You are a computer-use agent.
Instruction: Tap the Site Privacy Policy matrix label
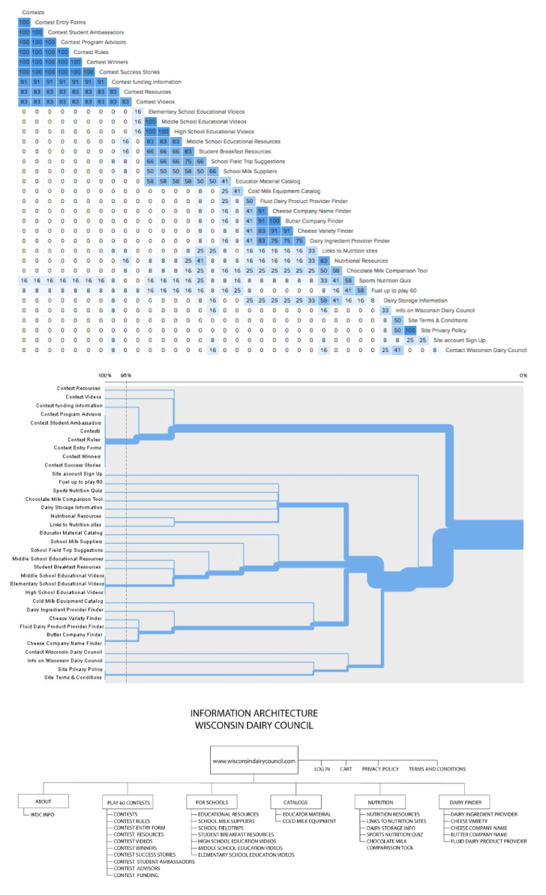click(443, 330)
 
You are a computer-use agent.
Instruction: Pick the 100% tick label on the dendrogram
click(104, 375)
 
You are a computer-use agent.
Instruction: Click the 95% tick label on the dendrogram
click(125, 375)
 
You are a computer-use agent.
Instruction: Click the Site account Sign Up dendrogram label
click(77, 474)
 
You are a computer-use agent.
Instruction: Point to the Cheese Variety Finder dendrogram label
click(76, 618)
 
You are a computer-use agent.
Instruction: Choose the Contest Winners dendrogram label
click(82, 456)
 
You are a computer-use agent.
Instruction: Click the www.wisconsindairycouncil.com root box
click(254, 760)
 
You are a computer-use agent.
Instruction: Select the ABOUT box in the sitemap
click(43, 801)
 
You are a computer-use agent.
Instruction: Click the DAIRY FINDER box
click(460, 802)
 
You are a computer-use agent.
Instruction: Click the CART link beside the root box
click(346, 768)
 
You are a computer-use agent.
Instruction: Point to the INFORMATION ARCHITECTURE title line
click(253, 714)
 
